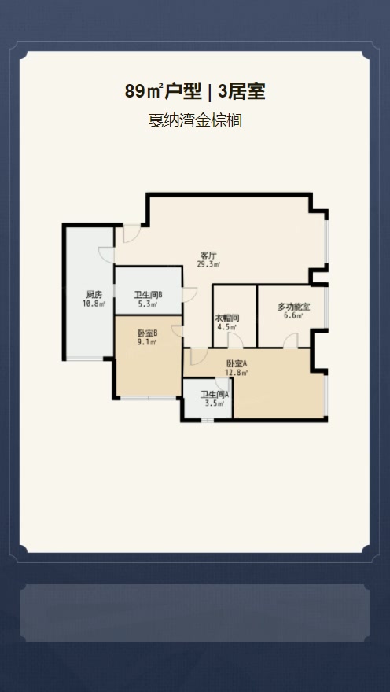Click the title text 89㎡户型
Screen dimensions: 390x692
coord(163,92)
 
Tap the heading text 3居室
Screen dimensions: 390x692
coord(241,92)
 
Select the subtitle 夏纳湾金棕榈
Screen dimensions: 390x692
coord(195,120)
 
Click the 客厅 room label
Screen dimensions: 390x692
coord(208,256)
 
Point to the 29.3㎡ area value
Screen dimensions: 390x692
coord(208,264)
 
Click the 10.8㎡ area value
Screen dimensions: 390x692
coord(94,304)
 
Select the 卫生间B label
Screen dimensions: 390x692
coord(149,295)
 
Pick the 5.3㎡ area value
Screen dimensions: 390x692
coord(149,304)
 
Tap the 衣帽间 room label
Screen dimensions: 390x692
coord(227,318)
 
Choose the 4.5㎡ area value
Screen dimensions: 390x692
coord(227,326)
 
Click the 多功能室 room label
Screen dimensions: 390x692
coord(293,307)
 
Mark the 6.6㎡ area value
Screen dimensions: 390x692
coord(293,315)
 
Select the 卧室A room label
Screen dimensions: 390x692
coord(237,364)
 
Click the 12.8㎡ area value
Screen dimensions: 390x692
coord(237,373)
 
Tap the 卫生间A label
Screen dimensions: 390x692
coord(215,395)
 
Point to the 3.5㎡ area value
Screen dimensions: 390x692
coord(215,403)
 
